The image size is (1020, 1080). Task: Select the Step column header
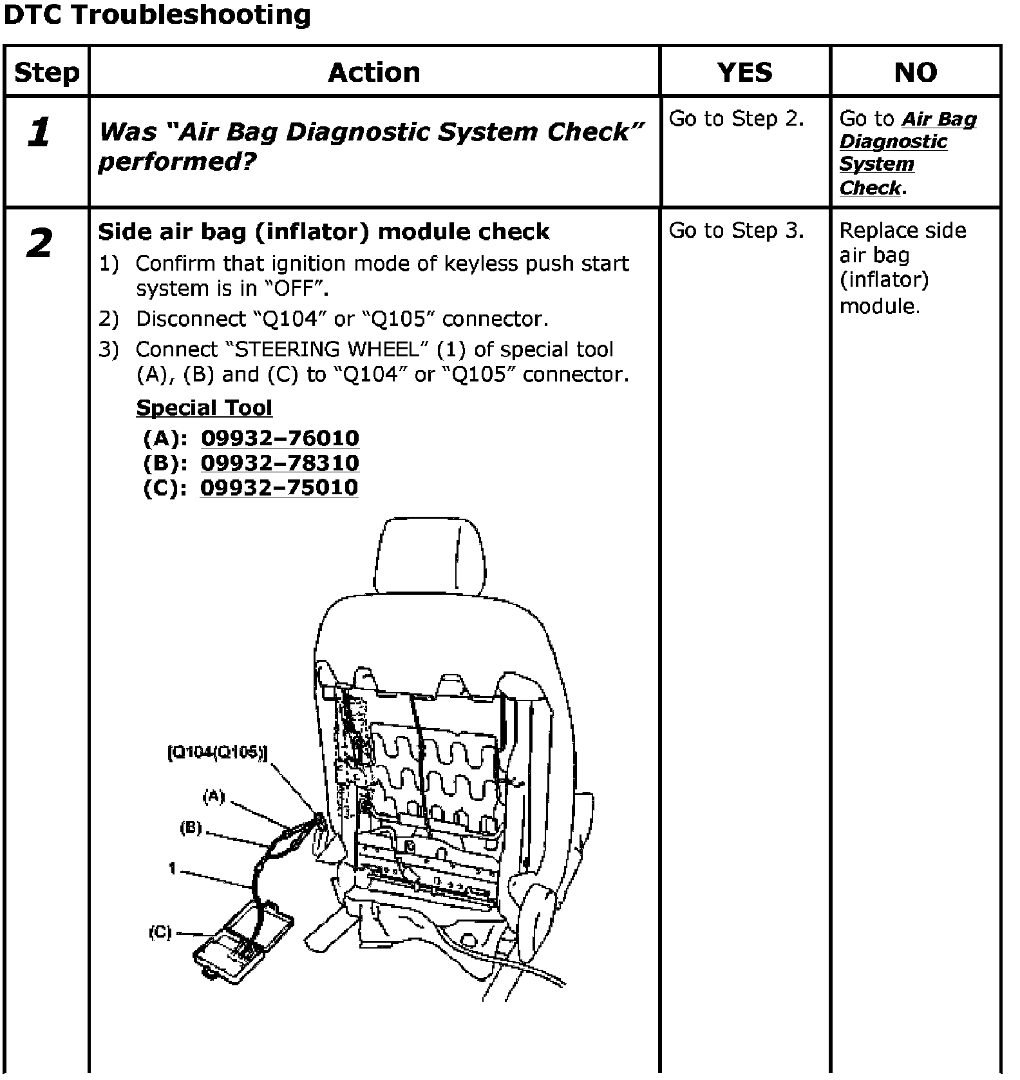click(46, 72)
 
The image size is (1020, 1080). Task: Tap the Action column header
click(374, 72)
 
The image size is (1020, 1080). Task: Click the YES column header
click(744, 72)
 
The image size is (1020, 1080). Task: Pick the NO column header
click(915, 72)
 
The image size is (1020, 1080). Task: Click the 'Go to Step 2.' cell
click(737, 119)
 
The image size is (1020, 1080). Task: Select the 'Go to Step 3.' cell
click(737, 231)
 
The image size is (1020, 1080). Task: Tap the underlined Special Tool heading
click(204, 408)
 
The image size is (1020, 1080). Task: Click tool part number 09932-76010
click(280, 438)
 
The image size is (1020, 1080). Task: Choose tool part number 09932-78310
click(280, 463)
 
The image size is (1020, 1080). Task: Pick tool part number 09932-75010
click(279, 487)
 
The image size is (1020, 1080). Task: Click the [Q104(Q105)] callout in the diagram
click(217, 753)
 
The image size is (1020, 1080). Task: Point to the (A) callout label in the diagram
click(214, 797)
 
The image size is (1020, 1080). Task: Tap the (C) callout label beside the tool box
click(160, 932)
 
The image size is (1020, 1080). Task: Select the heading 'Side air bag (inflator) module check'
click(323, 232)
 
